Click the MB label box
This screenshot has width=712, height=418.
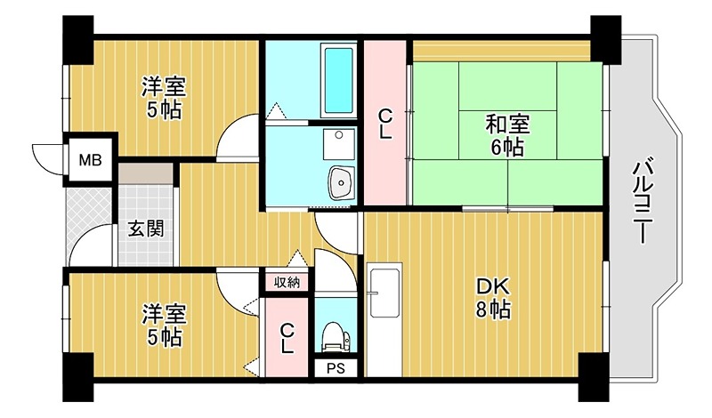(91, 161)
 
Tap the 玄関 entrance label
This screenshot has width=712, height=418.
(145, 228)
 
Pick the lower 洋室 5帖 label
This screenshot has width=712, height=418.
(164, 326)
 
